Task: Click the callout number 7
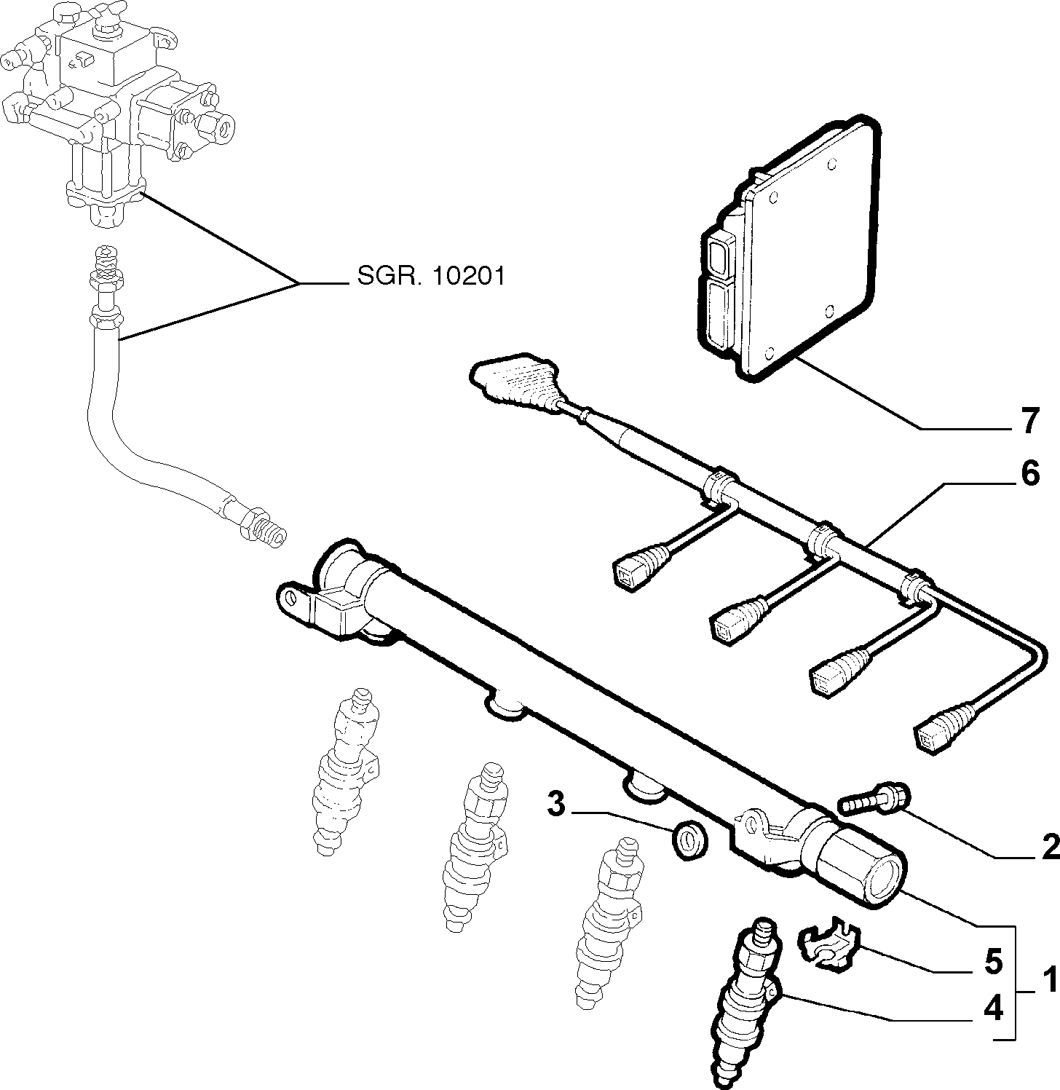1029,422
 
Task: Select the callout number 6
1029,474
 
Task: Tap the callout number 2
1049,848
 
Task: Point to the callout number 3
556,805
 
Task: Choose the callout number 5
994,963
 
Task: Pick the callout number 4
994,1009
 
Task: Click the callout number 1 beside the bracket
1048,981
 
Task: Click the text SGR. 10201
431,276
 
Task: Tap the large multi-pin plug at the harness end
515,382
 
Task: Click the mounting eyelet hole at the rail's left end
293,598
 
